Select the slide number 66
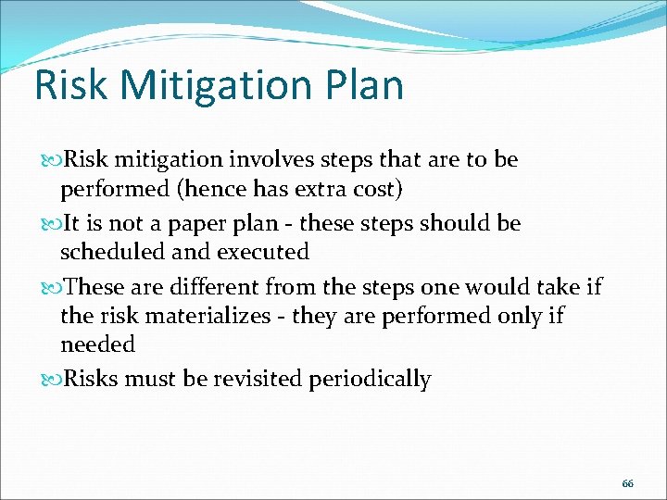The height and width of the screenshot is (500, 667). click(627, 484)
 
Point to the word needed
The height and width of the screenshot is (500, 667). click(97, 344)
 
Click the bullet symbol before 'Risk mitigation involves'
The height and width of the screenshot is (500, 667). click(52, 160)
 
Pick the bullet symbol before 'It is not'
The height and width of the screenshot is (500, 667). click(52, 224)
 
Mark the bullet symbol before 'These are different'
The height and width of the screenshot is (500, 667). click(52, 288)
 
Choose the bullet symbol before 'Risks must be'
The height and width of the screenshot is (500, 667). click(52, 380)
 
